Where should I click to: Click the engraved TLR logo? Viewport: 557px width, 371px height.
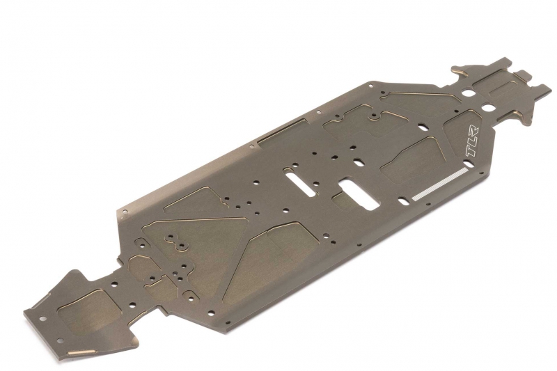pyautogui.click(x=472, y=141)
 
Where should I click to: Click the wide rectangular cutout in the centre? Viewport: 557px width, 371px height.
pyautogui.click(x=359, y=195)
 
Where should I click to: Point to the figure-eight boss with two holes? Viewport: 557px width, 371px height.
pyautogui.click(x=176, y=242)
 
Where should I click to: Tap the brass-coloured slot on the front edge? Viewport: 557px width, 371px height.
pyautogui.click(x=81, y=352)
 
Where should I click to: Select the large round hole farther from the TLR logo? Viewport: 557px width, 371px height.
pyautogui.click(x=468, y=93)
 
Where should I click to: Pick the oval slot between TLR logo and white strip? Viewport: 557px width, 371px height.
pyautogui.click(x=469, y=164)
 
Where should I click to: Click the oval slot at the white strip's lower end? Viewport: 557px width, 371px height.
pyautogui.click(x=404, y=201)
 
